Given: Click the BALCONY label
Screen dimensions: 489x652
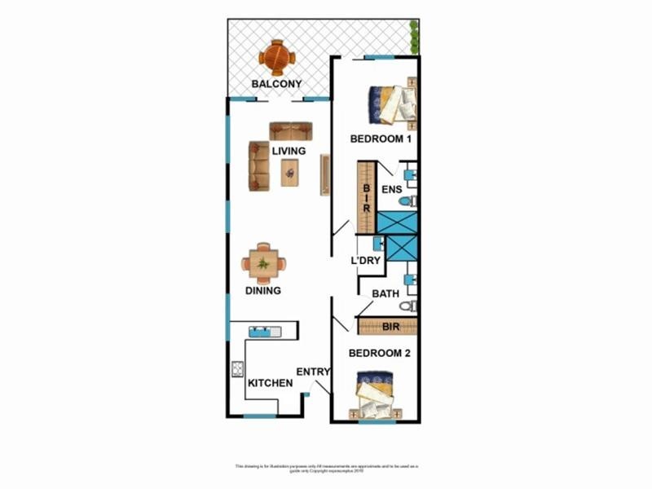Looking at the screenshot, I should point(276,84).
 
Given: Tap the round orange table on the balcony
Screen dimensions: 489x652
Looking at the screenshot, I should point(277,56).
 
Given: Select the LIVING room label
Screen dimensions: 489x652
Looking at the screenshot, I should point(289,152).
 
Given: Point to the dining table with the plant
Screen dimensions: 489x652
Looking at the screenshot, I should point(263,263).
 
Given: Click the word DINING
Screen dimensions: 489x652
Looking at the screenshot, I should point(263,291).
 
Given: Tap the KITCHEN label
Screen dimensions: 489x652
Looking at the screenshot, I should point(270,383).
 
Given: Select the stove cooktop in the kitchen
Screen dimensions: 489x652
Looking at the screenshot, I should point(238,368).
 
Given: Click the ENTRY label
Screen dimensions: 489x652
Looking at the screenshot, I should point(313,372).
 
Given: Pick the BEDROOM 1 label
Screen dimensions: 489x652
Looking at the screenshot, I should point(380,139).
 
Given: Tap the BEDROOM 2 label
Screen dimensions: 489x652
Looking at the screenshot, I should point(379,354).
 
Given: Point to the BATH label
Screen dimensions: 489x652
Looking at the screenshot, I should point(385,293).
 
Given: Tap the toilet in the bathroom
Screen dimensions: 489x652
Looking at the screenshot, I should point(408,306).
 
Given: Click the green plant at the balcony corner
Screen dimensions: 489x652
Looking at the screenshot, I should point(414,37).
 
